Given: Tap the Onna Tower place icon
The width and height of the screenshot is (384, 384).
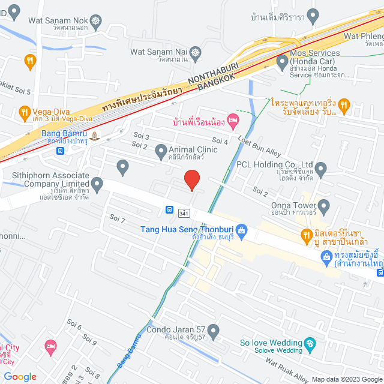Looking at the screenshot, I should click(x=325, y=208).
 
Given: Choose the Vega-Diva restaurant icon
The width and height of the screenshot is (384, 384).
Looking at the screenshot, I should click(x=24, y=112).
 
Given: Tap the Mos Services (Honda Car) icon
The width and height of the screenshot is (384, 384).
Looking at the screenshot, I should click(x=282, y=61).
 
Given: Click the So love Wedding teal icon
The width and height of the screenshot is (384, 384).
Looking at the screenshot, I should click(x=310, y=344).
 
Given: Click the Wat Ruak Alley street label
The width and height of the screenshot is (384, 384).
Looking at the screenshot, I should click(x=288, y=370).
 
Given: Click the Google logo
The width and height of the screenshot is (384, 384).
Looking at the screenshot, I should click(x=20, y=377).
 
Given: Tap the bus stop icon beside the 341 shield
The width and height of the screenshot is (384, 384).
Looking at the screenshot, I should click(x=170, y=210).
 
